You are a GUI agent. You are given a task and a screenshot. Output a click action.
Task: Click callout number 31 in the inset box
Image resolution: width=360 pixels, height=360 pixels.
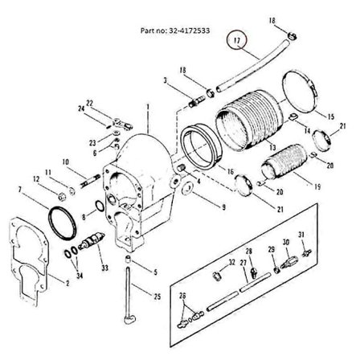click(301, 234)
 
